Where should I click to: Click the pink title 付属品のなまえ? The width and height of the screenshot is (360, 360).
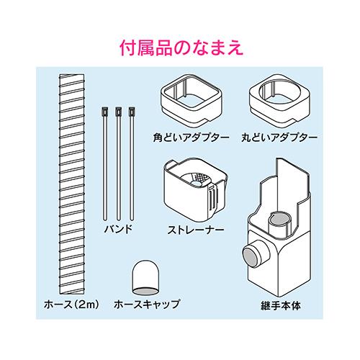click(181, 48)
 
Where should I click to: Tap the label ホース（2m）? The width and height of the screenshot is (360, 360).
click(71, 305)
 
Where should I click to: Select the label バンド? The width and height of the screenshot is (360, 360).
click(118, 229)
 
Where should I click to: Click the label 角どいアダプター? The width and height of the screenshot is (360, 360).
click(192, 138)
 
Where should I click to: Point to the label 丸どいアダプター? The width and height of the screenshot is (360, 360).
click(279, 138)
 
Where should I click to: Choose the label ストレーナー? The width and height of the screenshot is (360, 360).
click(196, 230)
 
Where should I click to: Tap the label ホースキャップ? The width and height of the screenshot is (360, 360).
click(147, 304)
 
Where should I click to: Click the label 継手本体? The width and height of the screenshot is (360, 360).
click(281, 306)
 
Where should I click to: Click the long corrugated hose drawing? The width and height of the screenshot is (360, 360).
click(72, 184)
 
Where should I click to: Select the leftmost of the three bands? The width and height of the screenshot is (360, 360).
click(105, 163)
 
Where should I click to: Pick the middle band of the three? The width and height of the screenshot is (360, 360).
click(118, 163)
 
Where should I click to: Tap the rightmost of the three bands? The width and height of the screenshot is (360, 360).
click(131, 163)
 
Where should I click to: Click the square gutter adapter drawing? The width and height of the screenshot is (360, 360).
click(192, 101)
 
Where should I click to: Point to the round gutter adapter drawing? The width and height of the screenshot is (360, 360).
click(279, 101)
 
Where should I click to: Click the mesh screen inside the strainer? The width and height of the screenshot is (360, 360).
click(202, 179)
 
